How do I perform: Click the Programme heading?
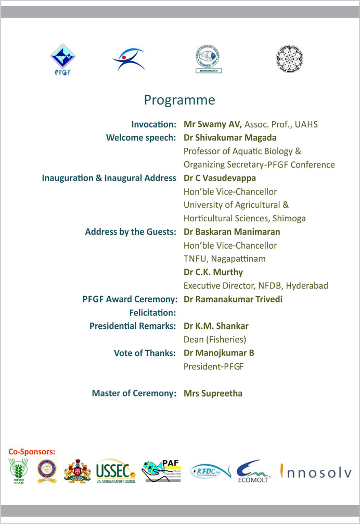pos(179,99)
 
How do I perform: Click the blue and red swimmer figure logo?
pos(127,58)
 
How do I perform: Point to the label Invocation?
pos(154,124)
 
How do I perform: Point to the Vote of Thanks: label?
pos(145,353)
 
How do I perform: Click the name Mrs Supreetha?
pos(213,393)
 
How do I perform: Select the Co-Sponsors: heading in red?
pos(31,451)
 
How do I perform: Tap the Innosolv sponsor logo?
pos(316,472)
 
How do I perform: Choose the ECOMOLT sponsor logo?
pos(253,472)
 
